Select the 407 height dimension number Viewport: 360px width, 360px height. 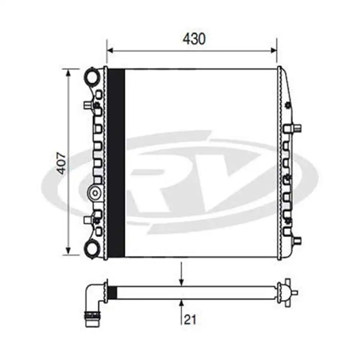click(62, 163)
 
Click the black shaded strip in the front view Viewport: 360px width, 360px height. click(116, 163)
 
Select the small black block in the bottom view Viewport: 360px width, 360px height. click(112, 292)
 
